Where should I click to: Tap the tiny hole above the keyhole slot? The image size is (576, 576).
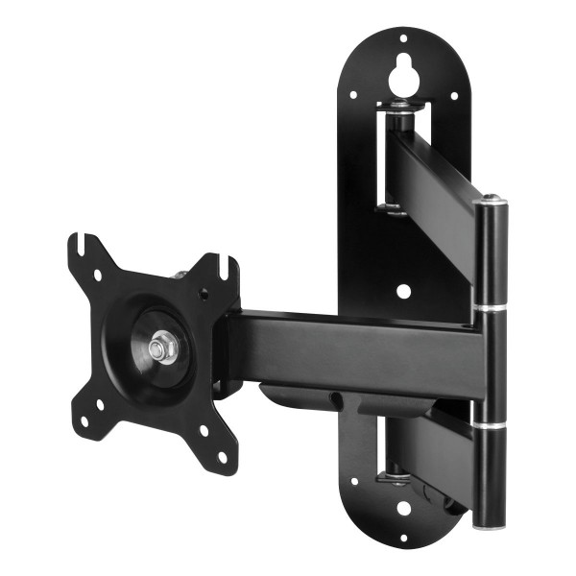(402, 39)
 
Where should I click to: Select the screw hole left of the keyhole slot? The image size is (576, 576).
(353, 94)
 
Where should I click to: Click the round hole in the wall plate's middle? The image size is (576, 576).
(403, 289)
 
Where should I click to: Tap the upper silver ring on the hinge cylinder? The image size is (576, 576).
(490, 307)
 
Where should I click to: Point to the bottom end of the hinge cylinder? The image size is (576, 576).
(490, 522)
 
